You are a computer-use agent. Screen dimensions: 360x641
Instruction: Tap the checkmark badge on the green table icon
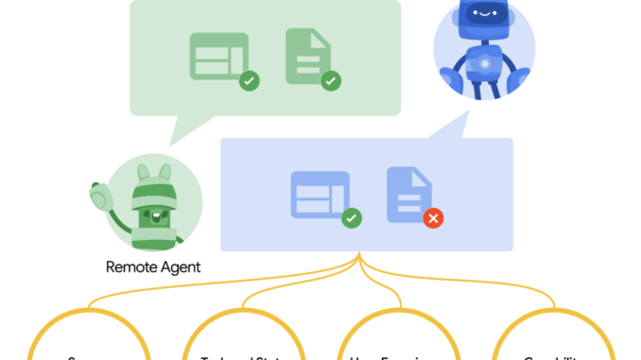click(249, 81)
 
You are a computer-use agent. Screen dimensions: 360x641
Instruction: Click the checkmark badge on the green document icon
click(331, 81)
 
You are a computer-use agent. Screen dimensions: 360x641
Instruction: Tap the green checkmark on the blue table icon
click(351, 218)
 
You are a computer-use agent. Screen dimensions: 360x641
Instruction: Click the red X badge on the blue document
click(433, 218)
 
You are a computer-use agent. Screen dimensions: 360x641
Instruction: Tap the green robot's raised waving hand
click(97, 197)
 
